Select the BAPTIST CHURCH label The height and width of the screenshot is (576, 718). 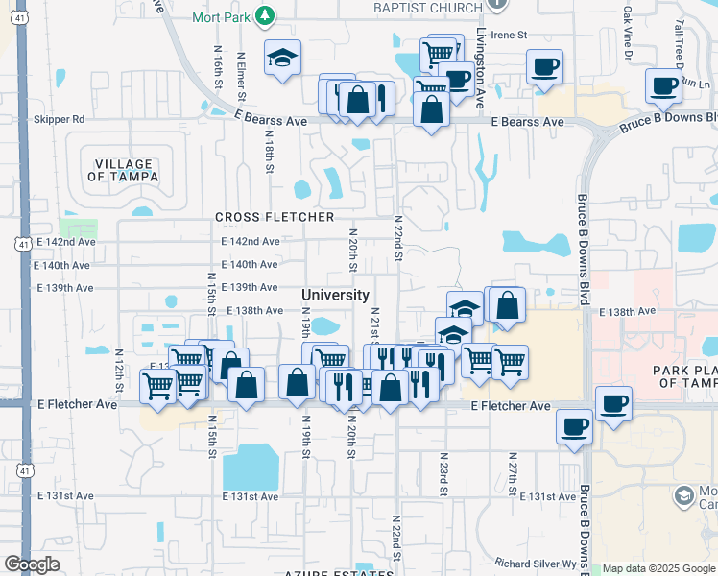click(429, 9)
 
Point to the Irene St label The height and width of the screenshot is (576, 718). click(510, 35)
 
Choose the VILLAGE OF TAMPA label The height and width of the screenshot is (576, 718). click(119, 169)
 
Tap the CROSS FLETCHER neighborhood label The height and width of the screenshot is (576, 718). click(275, 218)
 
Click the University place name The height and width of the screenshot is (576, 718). click(335, 295)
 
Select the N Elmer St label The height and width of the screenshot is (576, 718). click(241, 76)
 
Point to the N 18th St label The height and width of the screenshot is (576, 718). click(270, 154)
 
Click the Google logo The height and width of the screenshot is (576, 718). click(32, 564)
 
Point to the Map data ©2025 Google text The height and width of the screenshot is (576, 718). click(658, 568)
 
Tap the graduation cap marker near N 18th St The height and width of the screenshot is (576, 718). click(283, 59)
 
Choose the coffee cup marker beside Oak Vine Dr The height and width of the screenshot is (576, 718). click(544, 67)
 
